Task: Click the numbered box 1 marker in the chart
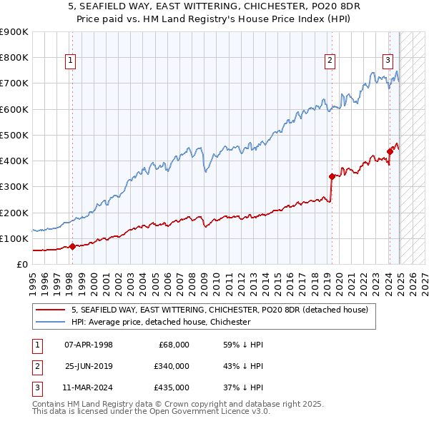pos(71,61)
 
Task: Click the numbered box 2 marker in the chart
pos(330,61)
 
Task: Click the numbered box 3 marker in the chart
pos(388,61)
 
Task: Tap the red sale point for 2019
pos(332,176)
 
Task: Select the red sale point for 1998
pos(72,247)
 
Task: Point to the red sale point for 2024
pos(390,151)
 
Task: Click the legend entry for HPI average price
pos(161,322)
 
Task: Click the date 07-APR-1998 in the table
pos(88,344)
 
